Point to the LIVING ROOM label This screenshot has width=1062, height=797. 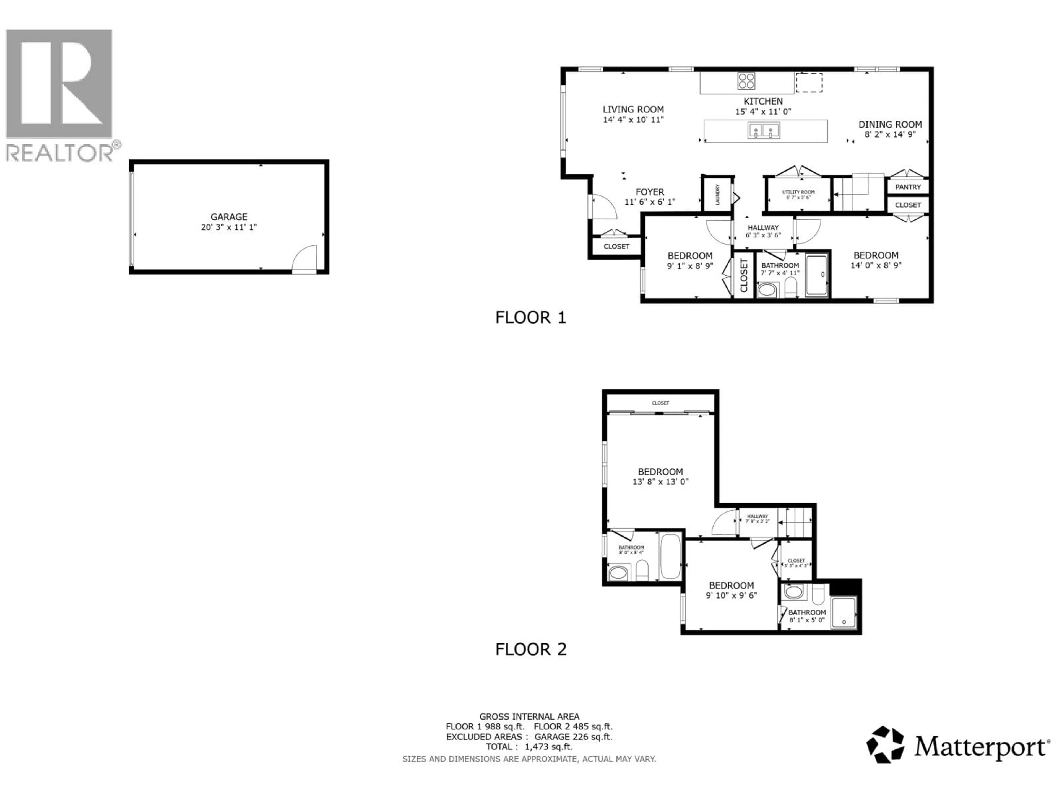tap(633, 110)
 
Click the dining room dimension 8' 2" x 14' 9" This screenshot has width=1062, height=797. tap(890, 134)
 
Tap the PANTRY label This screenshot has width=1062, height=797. tap(908, 187)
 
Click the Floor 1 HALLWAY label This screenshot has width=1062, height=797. tap(763, 228)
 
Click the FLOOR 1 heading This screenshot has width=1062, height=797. tap(530, 317)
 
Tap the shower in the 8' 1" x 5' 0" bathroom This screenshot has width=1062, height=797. tap(844, 612)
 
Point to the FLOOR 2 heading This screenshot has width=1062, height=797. tap(530, 649)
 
